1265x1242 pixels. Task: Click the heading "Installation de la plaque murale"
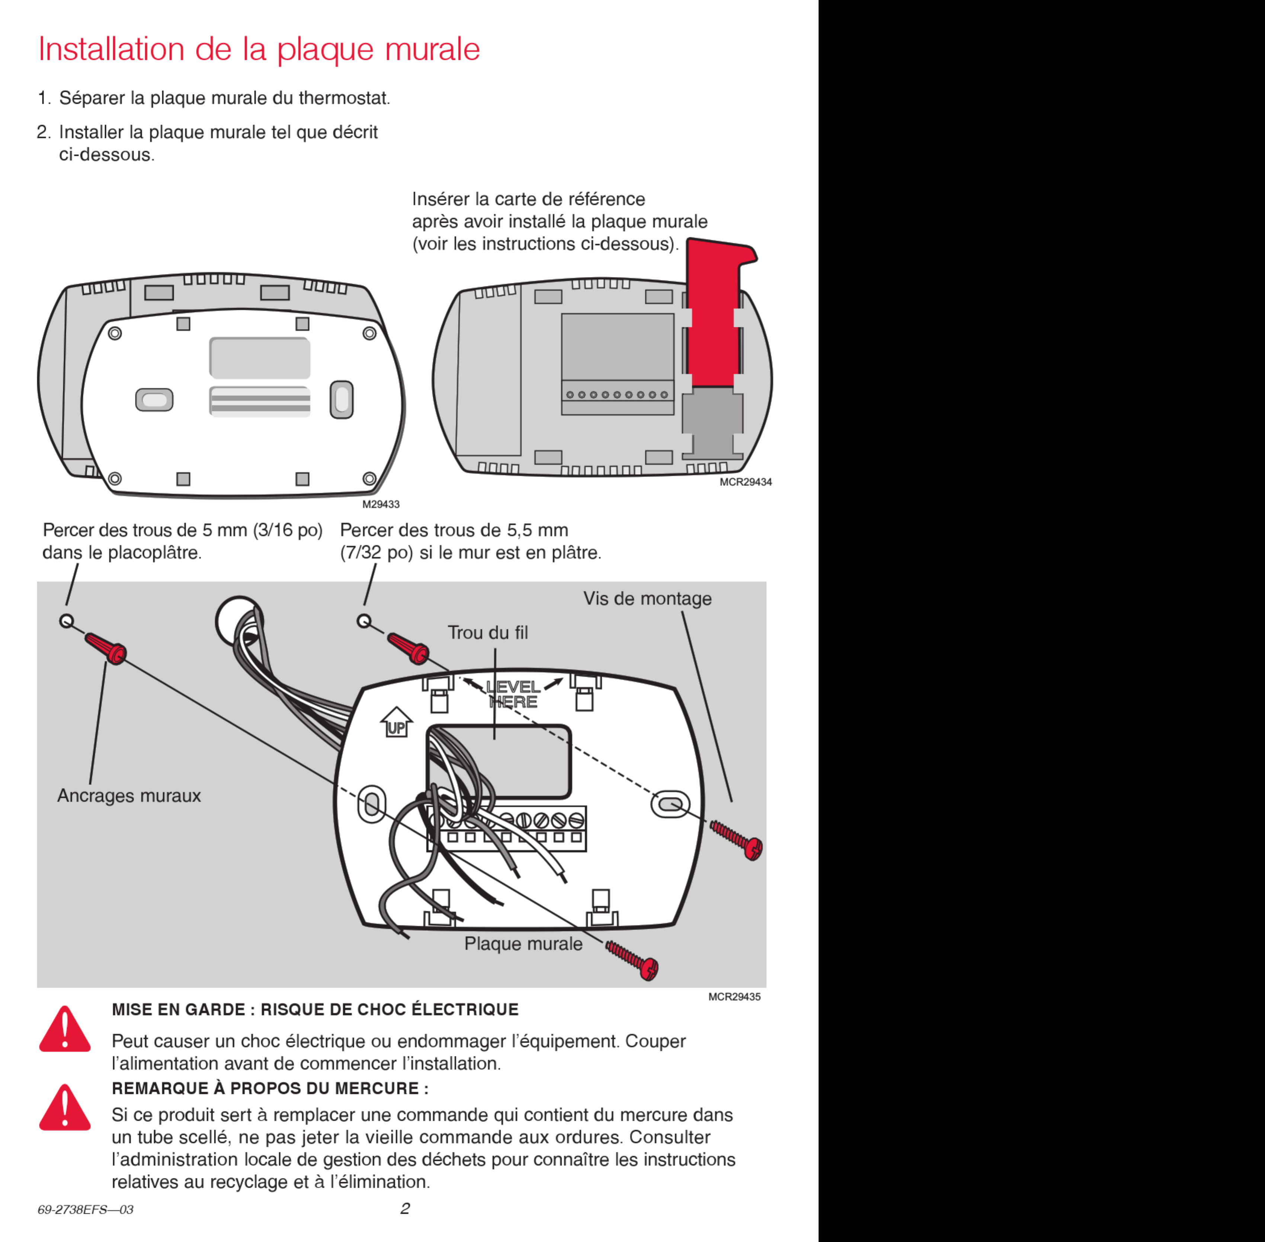259,49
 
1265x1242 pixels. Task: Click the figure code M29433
381,504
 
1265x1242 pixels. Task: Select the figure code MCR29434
746,482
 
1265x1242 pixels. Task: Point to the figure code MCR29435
734,997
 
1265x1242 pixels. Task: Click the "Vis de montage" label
647,599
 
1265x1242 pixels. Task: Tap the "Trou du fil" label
488,633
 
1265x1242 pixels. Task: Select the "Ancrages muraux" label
129,796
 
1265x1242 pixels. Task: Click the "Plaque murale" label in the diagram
523,944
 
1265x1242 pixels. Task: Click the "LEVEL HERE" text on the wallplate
513,694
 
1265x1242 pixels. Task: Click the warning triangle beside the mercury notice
65,1108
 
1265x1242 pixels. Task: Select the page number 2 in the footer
405,1209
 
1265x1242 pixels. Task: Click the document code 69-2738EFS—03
86,1209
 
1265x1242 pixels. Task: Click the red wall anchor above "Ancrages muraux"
106,649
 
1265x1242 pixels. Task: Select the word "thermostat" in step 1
344,99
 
